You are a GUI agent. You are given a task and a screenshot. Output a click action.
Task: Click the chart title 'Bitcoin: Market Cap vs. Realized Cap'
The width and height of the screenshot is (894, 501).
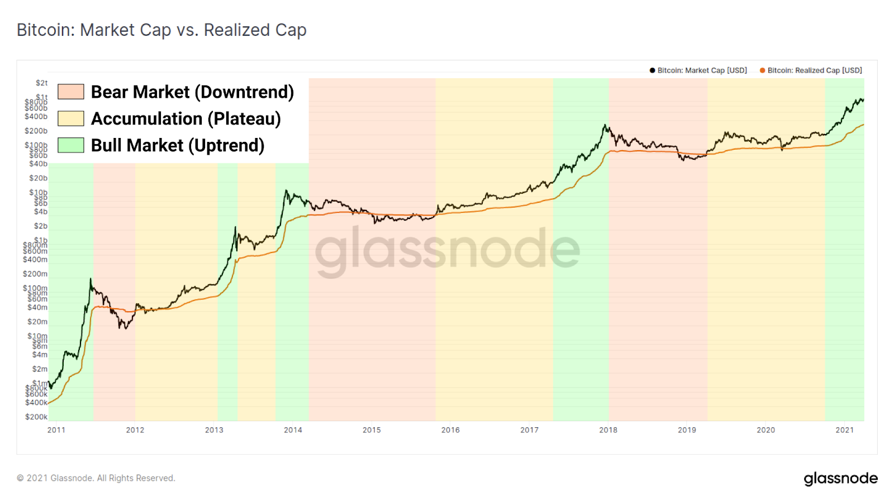point(161,30)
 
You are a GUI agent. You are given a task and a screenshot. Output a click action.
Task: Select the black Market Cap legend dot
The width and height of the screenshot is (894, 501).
point(652,70)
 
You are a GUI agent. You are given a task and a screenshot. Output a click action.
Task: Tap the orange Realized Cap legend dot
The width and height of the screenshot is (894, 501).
point(762,70)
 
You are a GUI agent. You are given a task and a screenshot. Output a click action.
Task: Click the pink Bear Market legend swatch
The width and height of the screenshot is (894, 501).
point(71,92)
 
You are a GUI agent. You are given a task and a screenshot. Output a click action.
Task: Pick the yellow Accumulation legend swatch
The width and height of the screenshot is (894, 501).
point(71,118)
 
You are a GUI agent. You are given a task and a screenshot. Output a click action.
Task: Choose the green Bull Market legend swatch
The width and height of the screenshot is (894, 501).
point(71,145)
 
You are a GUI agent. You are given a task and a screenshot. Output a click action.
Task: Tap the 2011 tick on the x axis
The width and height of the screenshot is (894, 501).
point(56,430)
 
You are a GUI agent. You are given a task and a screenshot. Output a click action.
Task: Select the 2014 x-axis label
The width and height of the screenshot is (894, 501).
point(293,430)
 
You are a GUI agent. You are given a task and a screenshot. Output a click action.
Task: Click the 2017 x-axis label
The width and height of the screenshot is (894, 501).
point(529,430)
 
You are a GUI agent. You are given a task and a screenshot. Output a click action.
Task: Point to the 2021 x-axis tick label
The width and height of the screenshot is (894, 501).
point(844,430)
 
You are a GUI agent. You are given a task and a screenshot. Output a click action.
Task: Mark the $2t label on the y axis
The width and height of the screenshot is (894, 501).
point(42,83)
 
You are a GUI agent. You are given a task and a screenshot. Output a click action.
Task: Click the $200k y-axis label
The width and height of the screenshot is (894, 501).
point(36,417)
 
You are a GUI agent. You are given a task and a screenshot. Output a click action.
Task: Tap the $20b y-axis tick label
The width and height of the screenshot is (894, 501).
point(39,178)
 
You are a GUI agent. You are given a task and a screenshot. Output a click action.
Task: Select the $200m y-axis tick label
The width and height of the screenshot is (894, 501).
point(35,274)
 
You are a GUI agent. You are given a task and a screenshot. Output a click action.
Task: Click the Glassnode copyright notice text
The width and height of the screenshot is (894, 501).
point(96,478)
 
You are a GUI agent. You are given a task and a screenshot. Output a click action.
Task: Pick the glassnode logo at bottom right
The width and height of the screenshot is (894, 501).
point(840,479)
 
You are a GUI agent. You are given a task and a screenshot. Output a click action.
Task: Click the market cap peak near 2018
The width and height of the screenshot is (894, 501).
point(605,125)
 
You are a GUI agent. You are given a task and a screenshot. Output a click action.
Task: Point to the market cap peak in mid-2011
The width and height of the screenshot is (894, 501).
point(91,279)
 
